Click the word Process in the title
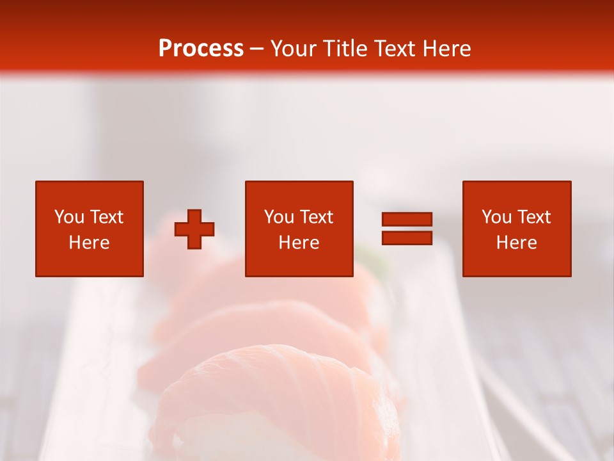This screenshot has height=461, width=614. pyautogui.click(x=201, y=49)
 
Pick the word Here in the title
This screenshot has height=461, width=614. pyautogui.click(x=448, y=49)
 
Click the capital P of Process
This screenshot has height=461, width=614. pyautogui.click(x=165, y=49)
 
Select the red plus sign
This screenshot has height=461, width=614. pyautogui.click(x=194, y=229)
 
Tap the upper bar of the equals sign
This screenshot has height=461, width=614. pyautogui.click(x=407, y=219)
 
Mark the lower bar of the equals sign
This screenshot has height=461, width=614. pyautogui.click(x=407, y=238)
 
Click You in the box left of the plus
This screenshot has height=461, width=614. pyautogui.click(x=69, y=217)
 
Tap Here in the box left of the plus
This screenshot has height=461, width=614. pyautogui.click(x=89, y=243)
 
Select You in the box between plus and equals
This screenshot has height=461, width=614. pyautogui.click(x=279, y=217)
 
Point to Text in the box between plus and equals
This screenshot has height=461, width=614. pyautogui.click(x=316, y=217)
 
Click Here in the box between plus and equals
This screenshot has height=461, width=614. pyautogui.click(x=299, y=243)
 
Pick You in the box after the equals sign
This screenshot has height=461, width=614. pyautogui.click(x=496, y=217)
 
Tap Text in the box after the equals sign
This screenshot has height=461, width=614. pyautogui.click(x=533, y=217)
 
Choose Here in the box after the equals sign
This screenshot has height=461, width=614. pyautogui.click(x=516, y=243)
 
